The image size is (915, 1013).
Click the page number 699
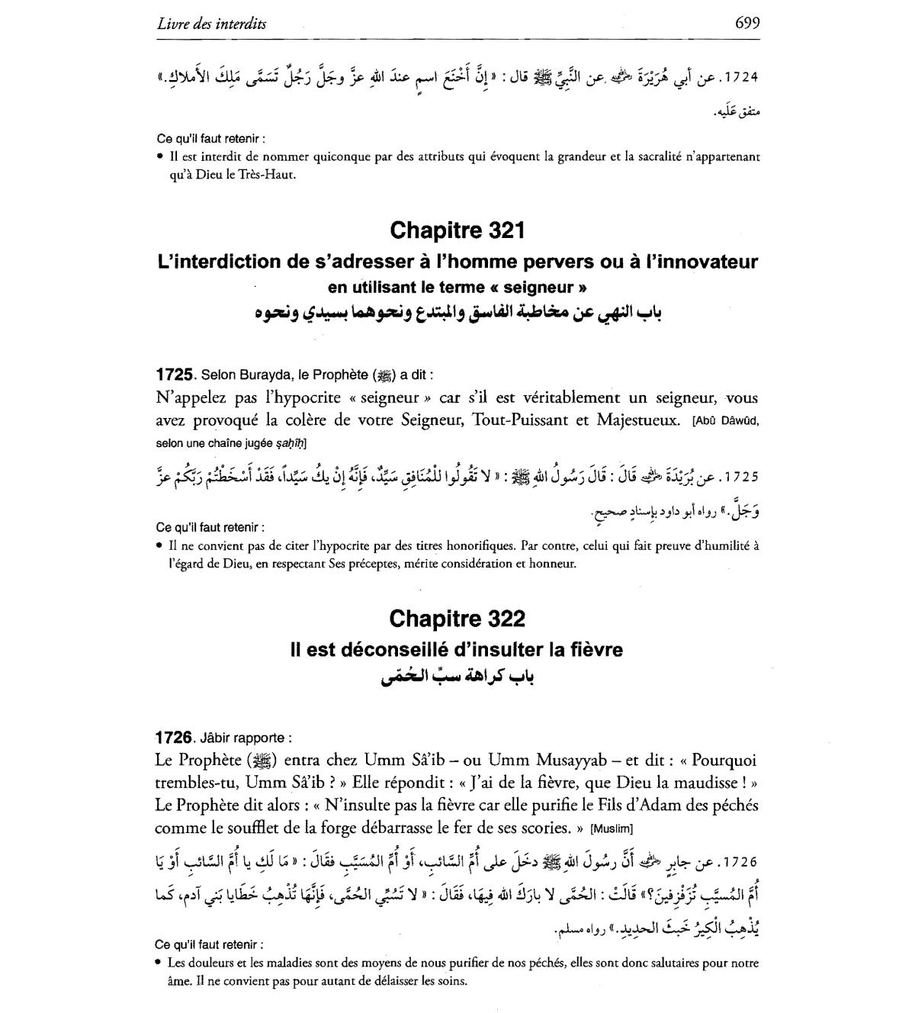click(746, 23)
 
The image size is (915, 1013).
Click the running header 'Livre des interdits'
click(212, 24)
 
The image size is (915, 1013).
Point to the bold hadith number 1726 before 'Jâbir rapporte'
click(173, 738)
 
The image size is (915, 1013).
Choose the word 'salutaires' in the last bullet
click(667, 963)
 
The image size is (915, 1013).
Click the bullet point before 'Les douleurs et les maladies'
click(159, 963)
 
